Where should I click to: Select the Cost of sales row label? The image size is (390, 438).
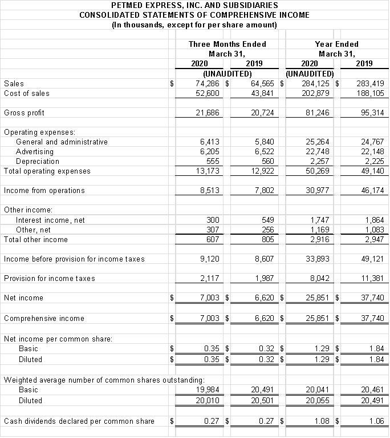pos(26,93)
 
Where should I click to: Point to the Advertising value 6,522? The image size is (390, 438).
pos(262,151)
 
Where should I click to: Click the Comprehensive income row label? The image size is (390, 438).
pos(44,318)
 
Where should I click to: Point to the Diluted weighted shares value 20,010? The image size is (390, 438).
pos(207,400)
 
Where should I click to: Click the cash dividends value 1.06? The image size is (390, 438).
pos(376,421)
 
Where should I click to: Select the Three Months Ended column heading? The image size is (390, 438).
pos(227,44)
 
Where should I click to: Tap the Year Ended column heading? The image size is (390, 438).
pos(336,44)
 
